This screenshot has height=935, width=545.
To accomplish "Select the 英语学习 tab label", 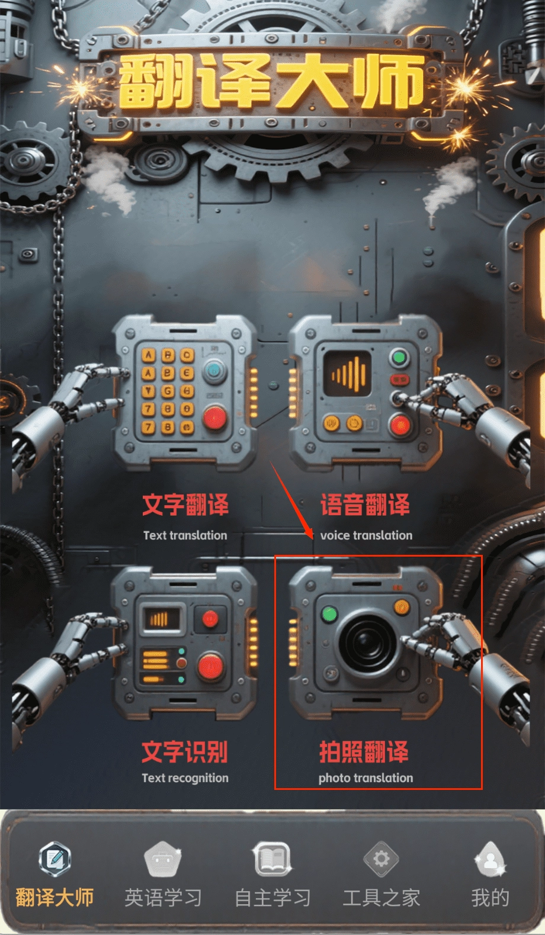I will [163, 898].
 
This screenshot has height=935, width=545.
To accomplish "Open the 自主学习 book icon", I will [272, 859].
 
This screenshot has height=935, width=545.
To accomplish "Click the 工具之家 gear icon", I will [381, 859].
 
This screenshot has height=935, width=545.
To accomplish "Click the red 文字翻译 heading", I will [185, 505].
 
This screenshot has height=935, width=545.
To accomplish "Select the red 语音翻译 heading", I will [365, 505].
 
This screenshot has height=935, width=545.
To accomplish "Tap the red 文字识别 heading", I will [185, 751].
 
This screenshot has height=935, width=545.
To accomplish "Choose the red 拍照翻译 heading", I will [364, 752].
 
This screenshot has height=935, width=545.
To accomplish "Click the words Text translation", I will [185, 535].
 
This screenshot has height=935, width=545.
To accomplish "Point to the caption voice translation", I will [366, 535].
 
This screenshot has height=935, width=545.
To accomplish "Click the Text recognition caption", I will [185, 778].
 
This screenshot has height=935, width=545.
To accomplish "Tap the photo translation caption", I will [366, 778].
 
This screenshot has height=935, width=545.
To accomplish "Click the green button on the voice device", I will [399, 358].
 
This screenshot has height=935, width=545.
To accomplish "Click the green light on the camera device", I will [329, 614].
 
